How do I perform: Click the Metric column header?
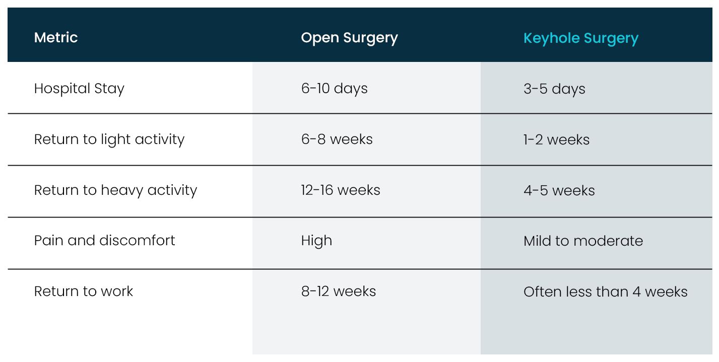point(56,38)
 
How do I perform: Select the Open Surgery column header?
point(349,38)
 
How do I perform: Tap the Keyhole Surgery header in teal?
point(580,39)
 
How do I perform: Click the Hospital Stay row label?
point(79,89)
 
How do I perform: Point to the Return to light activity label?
point(109,140)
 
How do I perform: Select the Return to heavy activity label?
point(115,190)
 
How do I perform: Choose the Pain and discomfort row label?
point(104,241)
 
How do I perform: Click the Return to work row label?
point(84,292)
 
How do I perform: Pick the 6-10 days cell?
point(334,89)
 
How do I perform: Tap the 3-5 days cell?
point(554,89)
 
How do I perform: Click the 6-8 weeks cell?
point(337,139)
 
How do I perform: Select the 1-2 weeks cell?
point(556,140)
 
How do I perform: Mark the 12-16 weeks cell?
point(340,190)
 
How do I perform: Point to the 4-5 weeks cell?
point(559,190)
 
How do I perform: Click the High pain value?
point(316,241)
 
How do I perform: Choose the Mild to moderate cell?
point(583,241)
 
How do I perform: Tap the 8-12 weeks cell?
point(338,292)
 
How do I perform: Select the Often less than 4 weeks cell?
point(605,292)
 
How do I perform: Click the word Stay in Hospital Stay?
point(109,89)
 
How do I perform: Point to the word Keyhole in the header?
point(551,39)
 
